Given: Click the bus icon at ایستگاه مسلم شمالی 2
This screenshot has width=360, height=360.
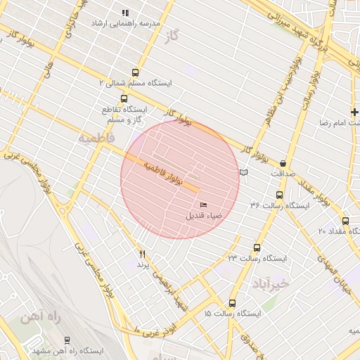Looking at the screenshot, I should coord(135,72).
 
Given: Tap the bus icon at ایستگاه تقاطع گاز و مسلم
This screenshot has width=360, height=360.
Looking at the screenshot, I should coord(124,98).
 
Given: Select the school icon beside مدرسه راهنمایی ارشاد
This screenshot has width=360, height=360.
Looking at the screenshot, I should coord(125,13).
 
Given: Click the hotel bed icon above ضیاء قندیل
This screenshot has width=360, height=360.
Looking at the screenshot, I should coord(203,205).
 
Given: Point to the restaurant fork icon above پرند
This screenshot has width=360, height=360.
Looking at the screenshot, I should coord(143,254).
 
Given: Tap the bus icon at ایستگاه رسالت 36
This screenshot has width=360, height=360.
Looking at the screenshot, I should coord(279,195).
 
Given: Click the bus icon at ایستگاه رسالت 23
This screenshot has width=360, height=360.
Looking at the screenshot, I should coord(256,248).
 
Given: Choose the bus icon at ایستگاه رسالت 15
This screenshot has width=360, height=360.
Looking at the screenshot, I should coord(232,303).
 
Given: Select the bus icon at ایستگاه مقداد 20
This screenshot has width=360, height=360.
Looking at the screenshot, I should coord(345,221).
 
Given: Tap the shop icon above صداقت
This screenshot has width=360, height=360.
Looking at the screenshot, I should coord(283,163).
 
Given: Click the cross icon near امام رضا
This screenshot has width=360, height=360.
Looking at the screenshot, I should coord(355,112).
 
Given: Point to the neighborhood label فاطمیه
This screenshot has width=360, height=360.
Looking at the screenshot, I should coord(95,136).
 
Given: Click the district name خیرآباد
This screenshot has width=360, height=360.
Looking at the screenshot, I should coord(269,283).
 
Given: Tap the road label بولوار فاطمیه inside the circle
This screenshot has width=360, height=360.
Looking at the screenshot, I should coord(163,172).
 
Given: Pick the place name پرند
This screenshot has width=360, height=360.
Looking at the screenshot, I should coord(143,265).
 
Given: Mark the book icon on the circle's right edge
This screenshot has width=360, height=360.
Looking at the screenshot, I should coord(243,172).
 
